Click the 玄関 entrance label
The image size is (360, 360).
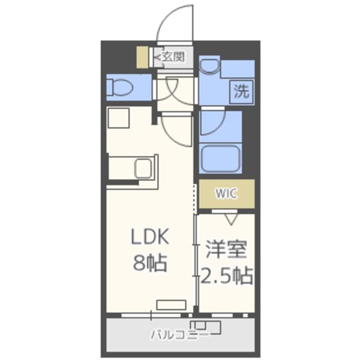click(x=174, y=56)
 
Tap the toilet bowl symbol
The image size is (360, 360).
click(x=120, y=87)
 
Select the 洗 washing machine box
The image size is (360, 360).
click(x=241, y=91)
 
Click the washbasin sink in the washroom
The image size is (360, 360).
click(x=209, y=66)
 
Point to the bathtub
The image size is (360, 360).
click(x=220, y=159)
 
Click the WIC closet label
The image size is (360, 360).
click(x=226, y=193)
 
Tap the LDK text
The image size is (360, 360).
click(x=150, y=236)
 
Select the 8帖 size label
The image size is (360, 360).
click(x=150, y=263)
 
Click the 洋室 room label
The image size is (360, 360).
click(x=226, y=249)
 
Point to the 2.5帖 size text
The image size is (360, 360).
click(x=227, y=276)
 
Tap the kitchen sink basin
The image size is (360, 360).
click(x=143, y=168)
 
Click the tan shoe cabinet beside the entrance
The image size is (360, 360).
click(x=142, y=57)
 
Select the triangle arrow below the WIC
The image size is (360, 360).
click(x=231, y=219)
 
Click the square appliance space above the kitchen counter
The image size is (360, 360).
click(x=119, y=118)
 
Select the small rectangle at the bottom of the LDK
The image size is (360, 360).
click(x=171, y=305)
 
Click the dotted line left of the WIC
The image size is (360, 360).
click(x=195, y=199)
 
